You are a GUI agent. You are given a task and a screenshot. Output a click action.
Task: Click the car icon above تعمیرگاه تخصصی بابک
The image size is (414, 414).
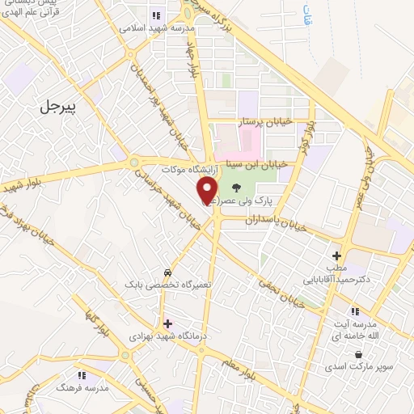[x=167, y=272]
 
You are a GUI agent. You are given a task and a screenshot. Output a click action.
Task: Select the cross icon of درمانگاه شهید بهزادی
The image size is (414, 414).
[x=167, y=323]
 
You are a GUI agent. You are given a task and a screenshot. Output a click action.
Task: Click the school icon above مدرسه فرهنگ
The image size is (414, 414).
[x=81, y=375]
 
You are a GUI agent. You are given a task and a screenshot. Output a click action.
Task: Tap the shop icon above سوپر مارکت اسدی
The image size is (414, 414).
[x=357, y=354]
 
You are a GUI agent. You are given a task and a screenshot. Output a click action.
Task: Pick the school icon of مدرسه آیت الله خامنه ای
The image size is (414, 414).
[x=354, y=311]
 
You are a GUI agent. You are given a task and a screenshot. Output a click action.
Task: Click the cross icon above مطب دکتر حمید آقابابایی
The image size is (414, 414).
[x=336, y=256]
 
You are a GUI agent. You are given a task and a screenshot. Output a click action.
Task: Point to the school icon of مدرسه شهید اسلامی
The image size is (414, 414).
[x=155, y=15]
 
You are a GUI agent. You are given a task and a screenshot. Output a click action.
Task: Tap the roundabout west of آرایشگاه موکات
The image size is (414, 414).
[x=134, y=163]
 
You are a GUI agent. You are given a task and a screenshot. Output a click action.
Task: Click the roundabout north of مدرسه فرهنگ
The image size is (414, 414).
[x=125, y=354]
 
